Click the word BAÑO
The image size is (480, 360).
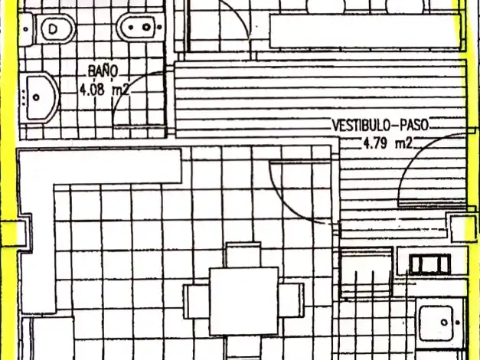103,71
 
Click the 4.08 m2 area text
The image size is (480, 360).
104,90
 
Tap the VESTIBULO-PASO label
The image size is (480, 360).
380,125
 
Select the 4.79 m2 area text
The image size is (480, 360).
388,142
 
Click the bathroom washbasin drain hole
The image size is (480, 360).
36,97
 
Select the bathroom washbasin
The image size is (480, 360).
41,97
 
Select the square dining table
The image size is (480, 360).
244,301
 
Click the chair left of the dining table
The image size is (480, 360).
197,301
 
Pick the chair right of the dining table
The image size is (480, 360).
292,300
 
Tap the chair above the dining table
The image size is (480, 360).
243,255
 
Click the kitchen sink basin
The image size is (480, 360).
436,323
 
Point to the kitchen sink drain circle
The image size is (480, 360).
444,322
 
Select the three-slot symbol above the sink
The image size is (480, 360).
430,263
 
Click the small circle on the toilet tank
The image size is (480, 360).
26,29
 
